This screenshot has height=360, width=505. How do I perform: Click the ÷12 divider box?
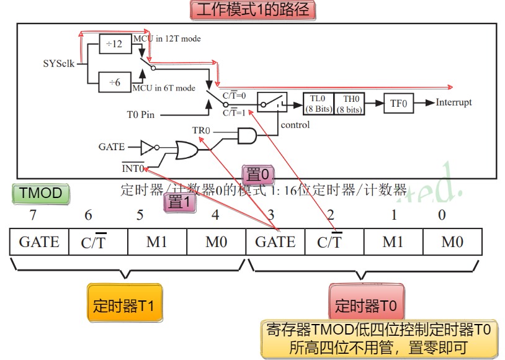click(115, 44)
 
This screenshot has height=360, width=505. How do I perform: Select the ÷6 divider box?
click(115, 82)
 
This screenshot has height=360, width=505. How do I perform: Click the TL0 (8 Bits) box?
click(318, 104)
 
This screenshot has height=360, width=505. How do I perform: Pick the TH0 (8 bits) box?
click(350, 104)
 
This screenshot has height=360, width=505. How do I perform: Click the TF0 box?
click(398, 104)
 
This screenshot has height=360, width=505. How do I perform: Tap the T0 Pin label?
click(141, 114)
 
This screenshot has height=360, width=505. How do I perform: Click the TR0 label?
click(201, 131)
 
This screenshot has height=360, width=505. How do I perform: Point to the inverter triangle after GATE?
click(147, 148)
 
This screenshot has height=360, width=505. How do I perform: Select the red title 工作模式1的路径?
click(251, 10)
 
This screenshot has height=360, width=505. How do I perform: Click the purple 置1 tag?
click(180, 202)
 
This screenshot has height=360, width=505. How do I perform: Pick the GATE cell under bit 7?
click(39, 241)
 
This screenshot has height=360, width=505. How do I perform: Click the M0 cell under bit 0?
click(452, 241)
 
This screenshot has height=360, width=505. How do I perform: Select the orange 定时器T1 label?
click(124, 304)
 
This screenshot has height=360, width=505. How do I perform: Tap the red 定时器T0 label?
click(367, 304)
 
